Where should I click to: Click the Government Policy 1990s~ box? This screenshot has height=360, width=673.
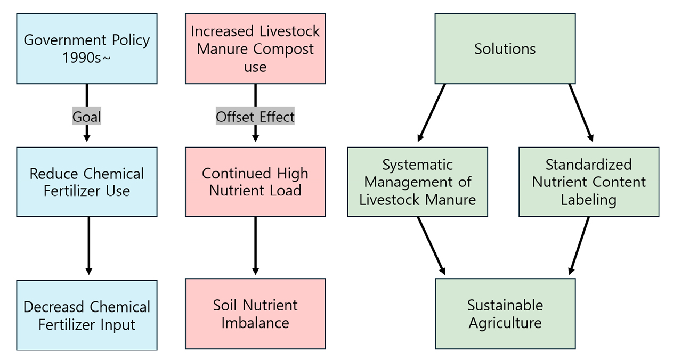pos(87,48)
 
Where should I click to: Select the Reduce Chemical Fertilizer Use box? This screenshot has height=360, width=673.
pos(87,182)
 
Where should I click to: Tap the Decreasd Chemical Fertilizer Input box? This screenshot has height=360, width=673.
pos(87,315)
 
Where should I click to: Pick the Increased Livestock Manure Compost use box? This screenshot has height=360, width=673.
pos(255,48)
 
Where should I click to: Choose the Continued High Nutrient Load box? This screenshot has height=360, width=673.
pos(255,182)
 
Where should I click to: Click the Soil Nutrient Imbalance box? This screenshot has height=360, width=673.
pos(255,314)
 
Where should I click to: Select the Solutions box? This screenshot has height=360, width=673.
pos(505,48)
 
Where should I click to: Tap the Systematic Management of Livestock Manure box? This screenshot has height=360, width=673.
pos(418,182)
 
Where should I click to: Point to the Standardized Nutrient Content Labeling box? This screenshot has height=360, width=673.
pos(589,182)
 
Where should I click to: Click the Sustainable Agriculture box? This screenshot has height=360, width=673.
pos(505,314)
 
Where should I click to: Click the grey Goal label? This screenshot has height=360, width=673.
pos(86,116)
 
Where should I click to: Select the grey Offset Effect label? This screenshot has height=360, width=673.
pos(255,116)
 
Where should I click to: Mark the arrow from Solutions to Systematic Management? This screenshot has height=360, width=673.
pos(432,112)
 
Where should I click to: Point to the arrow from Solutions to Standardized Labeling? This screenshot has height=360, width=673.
pos(581,112)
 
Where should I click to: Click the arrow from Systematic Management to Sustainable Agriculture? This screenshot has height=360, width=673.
pos(432,246)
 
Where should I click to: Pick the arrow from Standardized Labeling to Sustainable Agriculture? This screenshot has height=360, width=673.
pos(579,246)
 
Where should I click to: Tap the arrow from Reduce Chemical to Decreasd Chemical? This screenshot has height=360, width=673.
pos(88,246)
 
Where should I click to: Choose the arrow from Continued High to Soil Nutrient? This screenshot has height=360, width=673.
pos(255,246)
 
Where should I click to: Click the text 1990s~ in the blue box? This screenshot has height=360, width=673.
pos(86,58)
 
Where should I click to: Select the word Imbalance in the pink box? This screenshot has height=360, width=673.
pos(255,323)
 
